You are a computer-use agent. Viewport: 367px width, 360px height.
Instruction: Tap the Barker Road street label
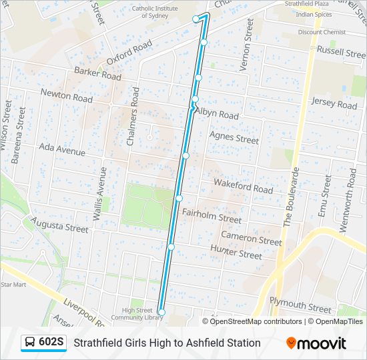[98, 73]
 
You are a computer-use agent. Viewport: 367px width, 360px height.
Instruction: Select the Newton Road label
[67, 96]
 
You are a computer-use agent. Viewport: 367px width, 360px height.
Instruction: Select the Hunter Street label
[236, 252]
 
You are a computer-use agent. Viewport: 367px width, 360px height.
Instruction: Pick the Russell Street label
[341, 51]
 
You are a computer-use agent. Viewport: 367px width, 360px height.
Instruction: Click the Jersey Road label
[334, 103]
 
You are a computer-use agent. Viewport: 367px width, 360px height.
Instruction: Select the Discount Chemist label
[322, 32]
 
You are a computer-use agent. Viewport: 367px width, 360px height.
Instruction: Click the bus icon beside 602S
[30, 343]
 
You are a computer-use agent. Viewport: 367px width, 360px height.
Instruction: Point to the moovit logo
[316, 343]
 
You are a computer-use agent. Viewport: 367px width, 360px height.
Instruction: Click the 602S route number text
[51, 343]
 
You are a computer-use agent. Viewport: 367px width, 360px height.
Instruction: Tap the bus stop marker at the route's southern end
[161, 312]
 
